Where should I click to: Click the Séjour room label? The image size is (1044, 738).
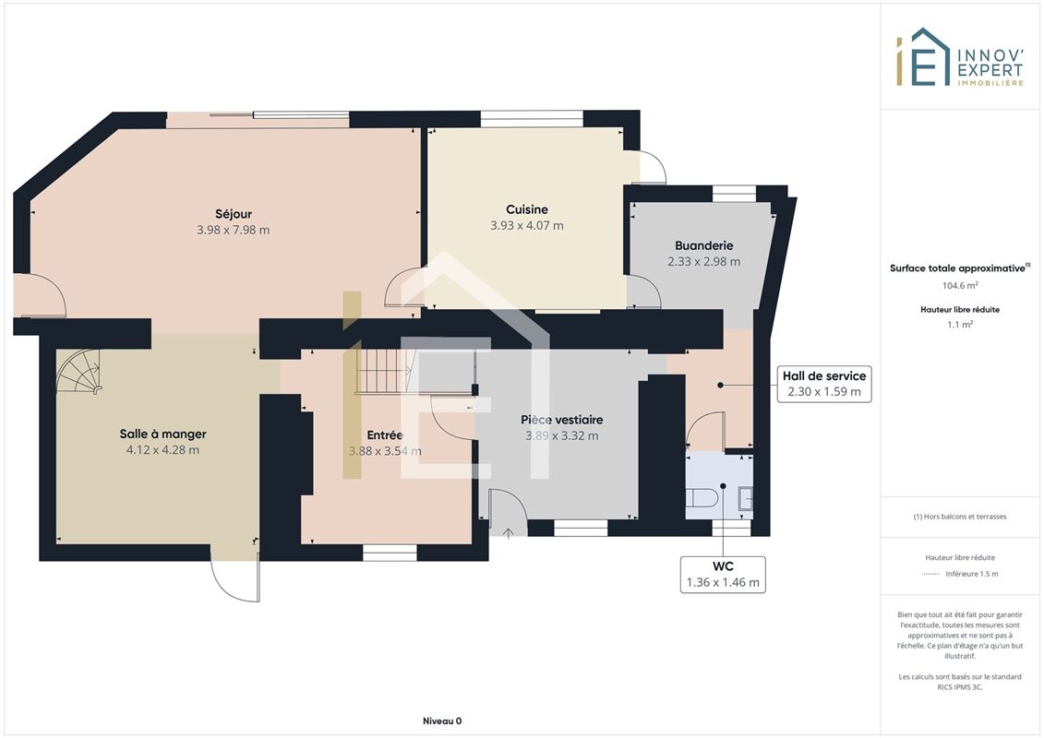pos(233,214)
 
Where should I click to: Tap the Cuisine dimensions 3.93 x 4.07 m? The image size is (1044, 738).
pos(527,226)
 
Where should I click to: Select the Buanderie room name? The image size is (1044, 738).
pos(703,245)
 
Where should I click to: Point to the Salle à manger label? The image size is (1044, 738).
pos(163,434)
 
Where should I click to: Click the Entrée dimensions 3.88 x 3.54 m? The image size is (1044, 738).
pos(385,451)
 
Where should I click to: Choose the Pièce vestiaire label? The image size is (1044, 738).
pos(562,420)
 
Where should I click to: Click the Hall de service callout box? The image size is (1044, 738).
pos(824,384)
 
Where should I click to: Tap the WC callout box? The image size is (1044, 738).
pos(723,574)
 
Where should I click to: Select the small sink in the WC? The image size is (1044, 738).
pos(747,498)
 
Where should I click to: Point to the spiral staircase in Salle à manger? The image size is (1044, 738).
pos(78,372)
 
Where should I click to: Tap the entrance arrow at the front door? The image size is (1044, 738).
pos(509,532)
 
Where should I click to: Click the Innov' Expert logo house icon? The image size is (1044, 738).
pos(923,57)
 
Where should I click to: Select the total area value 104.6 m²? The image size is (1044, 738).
pos(959,285)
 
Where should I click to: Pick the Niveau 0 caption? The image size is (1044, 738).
pos(442,720)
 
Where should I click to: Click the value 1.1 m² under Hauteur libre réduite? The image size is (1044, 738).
pos(959,325)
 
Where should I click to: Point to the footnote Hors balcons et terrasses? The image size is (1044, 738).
pos(959,517)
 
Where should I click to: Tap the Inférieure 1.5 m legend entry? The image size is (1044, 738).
pos(971,574)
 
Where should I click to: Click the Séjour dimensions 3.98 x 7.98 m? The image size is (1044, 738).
pos(233,231)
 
